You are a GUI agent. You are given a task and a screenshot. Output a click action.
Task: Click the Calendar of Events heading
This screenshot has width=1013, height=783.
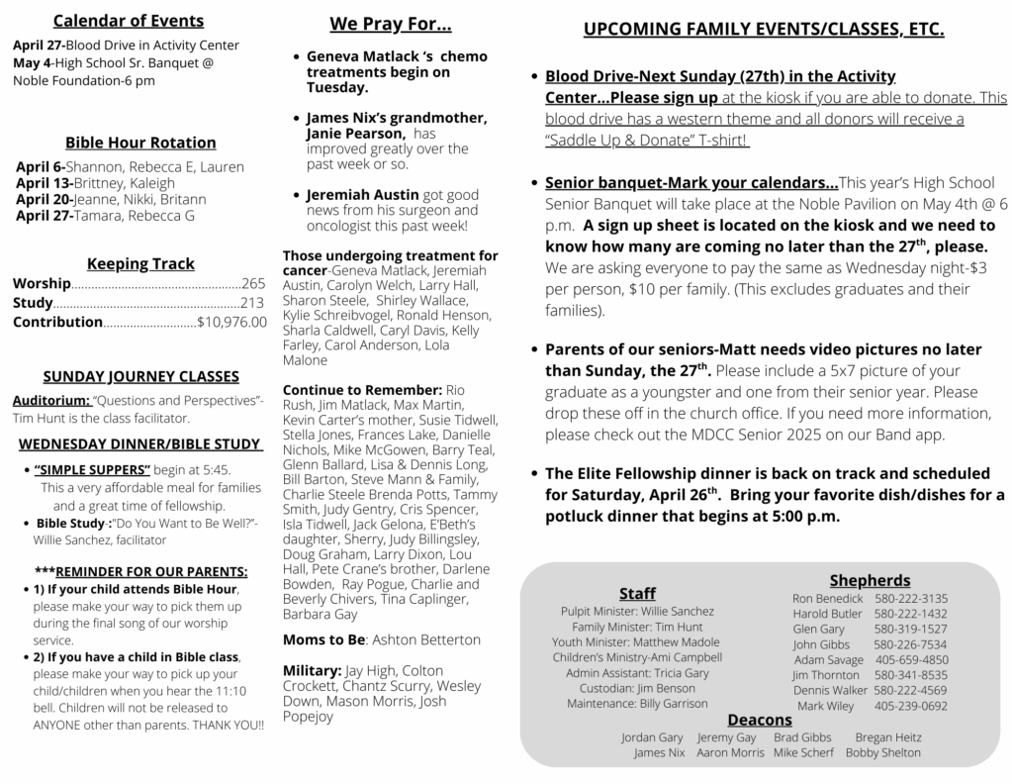pos(129,21)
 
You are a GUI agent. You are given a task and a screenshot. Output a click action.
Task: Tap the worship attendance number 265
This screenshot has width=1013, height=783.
pos(253,284)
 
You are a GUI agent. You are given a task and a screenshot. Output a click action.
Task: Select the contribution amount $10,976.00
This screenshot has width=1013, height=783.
pos(231,322)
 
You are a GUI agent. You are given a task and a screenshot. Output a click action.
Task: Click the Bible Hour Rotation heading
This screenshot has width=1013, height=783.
pos(140,143)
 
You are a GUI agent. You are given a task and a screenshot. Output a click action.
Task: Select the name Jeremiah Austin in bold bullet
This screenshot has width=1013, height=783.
pos(362,195)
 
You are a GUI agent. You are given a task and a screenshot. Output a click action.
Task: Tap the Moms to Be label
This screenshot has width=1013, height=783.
pos(324,639)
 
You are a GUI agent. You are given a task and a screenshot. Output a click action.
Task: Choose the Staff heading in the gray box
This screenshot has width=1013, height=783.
pos(637,593)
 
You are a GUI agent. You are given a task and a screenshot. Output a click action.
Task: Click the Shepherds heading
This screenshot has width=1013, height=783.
pos(870,580)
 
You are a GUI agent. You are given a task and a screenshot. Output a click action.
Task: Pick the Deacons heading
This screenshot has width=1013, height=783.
pos(760,720)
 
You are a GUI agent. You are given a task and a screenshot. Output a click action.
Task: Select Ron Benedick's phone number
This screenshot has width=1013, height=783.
pos(911,599)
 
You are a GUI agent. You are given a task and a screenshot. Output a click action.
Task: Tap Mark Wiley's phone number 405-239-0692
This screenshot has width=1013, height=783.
pos(911,706)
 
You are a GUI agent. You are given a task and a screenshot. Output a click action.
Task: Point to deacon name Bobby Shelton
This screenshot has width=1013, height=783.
pos(882,752)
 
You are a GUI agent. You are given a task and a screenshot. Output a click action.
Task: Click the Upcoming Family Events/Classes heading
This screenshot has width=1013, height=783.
pos(763,30)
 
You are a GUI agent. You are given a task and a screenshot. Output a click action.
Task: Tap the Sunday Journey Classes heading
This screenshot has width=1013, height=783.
pos(140,376)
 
